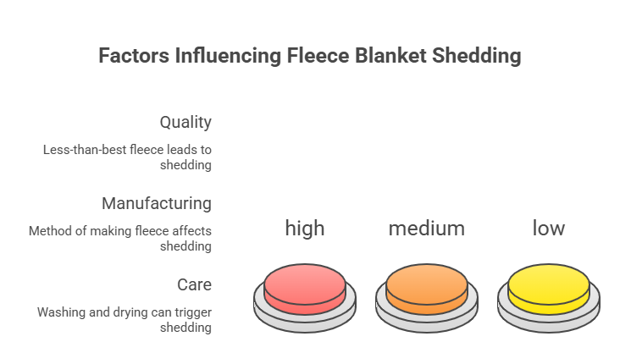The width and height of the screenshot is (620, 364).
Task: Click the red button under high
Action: pyautogui.click(x=305, y=298)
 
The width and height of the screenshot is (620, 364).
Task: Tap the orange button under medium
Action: pyautogui.click(x=427, y=298)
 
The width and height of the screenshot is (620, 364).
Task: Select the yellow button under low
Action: pyautogui.click(x=549, y=298)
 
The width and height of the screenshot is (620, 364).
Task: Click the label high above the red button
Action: pyautogui.click(x=305, y=228)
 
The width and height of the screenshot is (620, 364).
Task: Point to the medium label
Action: pyautogui.click(x=427, y=229)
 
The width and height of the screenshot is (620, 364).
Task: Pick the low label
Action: pyautogui.click(x=549, y=228)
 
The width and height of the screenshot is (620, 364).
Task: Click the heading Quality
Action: pyautogui.click(x=185, y=123)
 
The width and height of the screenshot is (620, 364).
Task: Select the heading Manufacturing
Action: pyautogui.click(x=157, y=203)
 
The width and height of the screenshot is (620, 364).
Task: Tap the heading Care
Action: pyautogui.click(x=194, y=284)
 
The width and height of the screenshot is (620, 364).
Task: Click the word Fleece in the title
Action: pyautogui.click(x=318, y=55)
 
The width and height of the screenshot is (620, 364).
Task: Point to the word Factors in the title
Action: pyautogui.click(x=134, y=55)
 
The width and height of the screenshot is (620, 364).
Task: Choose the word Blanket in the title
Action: pyautogui.click(x=390, y=55)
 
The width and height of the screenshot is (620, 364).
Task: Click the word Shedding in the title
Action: pyautogui.click(x=477, y=56)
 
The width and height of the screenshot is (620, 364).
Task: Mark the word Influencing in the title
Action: pyautogui.click(x=228, y=56)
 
